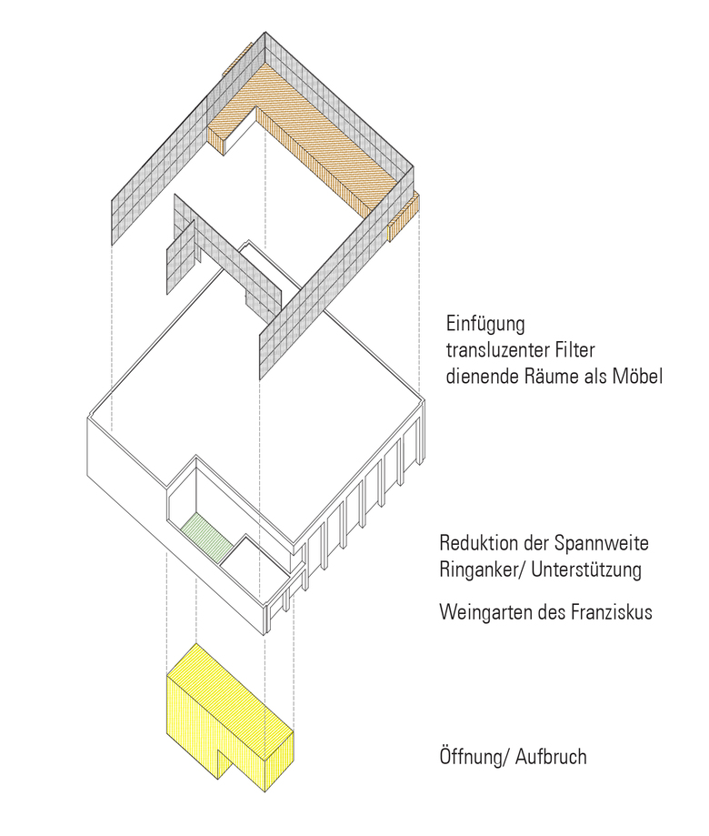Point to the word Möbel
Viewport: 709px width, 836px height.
636,376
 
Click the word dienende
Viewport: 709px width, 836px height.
482,376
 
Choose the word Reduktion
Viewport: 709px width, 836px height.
477,545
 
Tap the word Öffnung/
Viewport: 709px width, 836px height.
472,757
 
